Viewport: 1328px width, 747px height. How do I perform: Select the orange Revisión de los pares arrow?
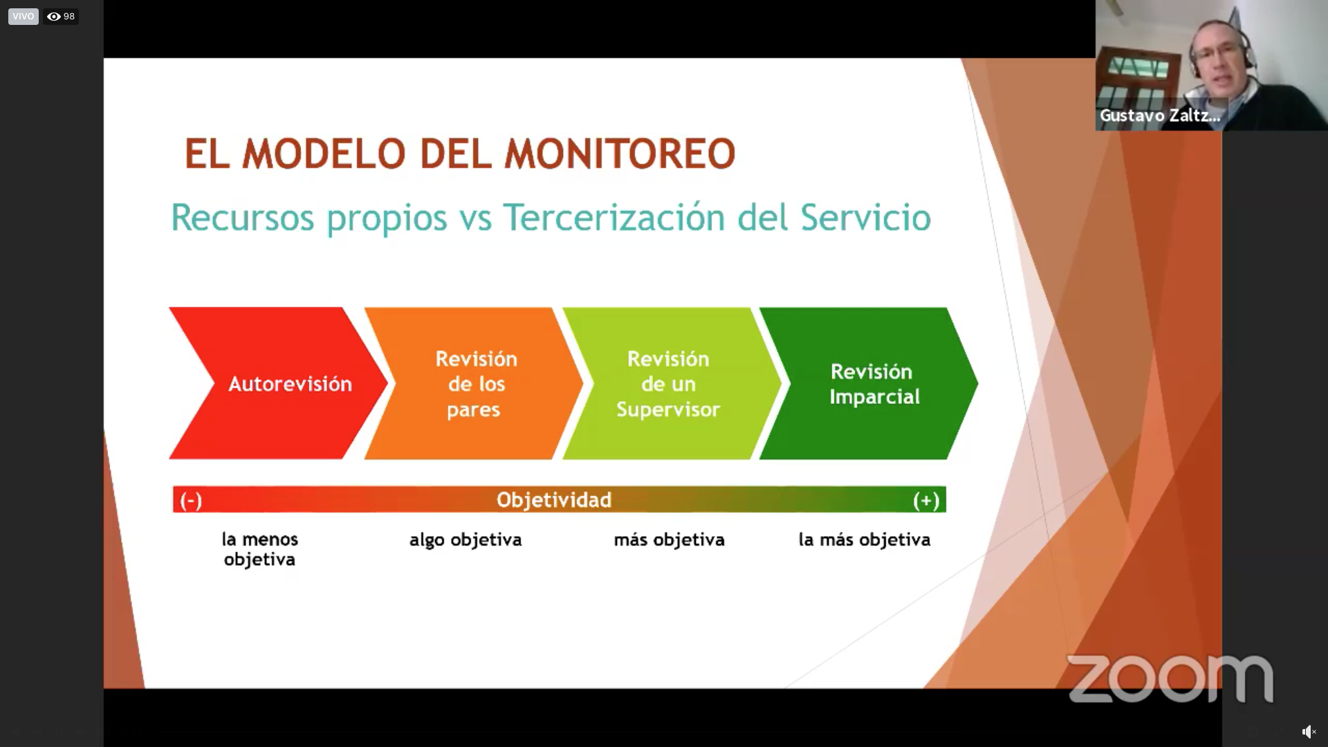(474, 383)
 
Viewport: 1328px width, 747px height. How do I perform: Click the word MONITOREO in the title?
(620, 154)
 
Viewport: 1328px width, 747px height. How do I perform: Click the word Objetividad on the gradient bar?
(554, 499)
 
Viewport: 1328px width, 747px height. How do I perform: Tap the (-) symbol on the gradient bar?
(191, 500)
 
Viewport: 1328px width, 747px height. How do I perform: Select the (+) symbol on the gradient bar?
(926, 500)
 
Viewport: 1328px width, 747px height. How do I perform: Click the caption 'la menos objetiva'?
(260, 549)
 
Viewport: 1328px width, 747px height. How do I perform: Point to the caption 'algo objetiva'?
(465, 539)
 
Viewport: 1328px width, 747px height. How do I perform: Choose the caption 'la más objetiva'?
(865, 539)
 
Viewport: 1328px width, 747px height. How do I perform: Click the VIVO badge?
(23, 16)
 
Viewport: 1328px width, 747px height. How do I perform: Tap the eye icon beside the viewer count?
(53, 17)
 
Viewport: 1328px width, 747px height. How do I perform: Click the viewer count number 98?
(69, 17)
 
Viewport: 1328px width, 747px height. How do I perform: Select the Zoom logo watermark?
(1170, 678)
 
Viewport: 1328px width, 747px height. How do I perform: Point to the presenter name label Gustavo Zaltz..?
(1160, 116)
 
